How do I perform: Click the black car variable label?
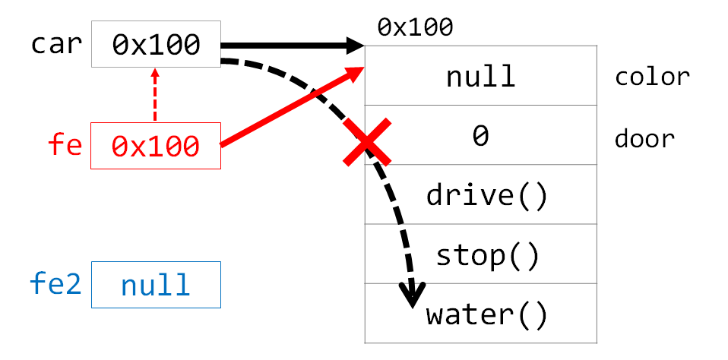[55, 44]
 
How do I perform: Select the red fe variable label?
[65, 145]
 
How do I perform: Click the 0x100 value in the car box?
[156, 45]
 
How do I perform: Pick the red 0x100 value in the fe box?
[156, 145]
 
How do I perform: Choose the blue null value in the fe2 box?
[156, 285]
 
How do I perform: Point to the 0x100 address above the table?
[415, 28]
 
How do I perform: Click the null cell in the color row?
[480, 77]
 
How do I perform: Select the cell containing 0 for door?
[480, 137]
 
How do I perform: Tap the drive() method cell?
[486, 195]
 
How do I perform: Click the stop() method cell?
[486, 254]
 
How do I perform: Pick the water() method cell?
[486, 314]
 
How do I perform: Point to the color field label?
[651, 77]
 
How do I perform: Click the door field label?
[644, 139]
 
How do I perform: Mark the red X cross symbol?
[367, 142]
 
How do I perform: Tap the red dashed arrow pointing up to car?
[155, 95]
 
